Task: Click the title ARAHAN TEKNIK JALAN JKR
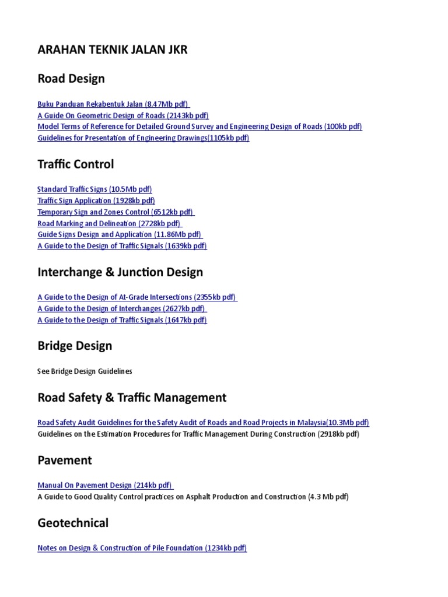pyautogui.click(x=113, y=50)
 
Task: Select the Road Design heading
pyautogui.click(x=71, y=79)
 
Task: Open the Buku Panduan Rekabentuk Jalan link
pyautogui.click(x=113, y=104)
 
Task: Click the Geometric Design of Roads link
pyautogui.click(x=123, y=115)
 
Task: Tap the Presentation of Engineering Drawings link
pyautogui.click(x=143, y=138)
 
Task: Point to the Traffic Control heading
pyautogui.click(x=76, y=164)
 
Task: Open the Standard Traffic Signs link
pyautogui.click(x=94, y=189)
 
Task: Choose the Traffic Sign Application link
pyautogui.click(x=96, y=201)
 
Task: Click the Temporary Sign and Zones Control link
pyautogui.click(x=116, y=212)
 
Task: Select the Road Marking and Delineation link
pyautogui.click(x=110, y=223)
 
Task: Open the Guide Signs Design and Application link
pyautogui.click(x=119, y=234)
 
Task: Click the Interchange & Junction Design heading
pyautogui.click(x=120, y=272)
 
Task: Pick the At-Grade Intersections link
pyautogui.click(x=137, y=297)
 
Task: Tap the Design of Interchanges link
pyautogui.click(x=122, y=308)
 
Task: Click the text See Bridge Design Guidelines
pyautogui.click(x=85, y=371)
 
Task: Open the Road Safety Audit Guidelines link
pyautogui.click(x=203, y=423)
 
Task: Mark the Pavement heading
pyautogui.click(x=65, y=461)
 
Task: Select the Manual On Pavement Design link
pyautogui.click(x=105, y=486)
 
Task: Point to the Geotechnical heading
pyautogui.click(x=73, y=523)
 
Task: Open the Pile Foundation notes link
pyautogui.click(x=142, y=548)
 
